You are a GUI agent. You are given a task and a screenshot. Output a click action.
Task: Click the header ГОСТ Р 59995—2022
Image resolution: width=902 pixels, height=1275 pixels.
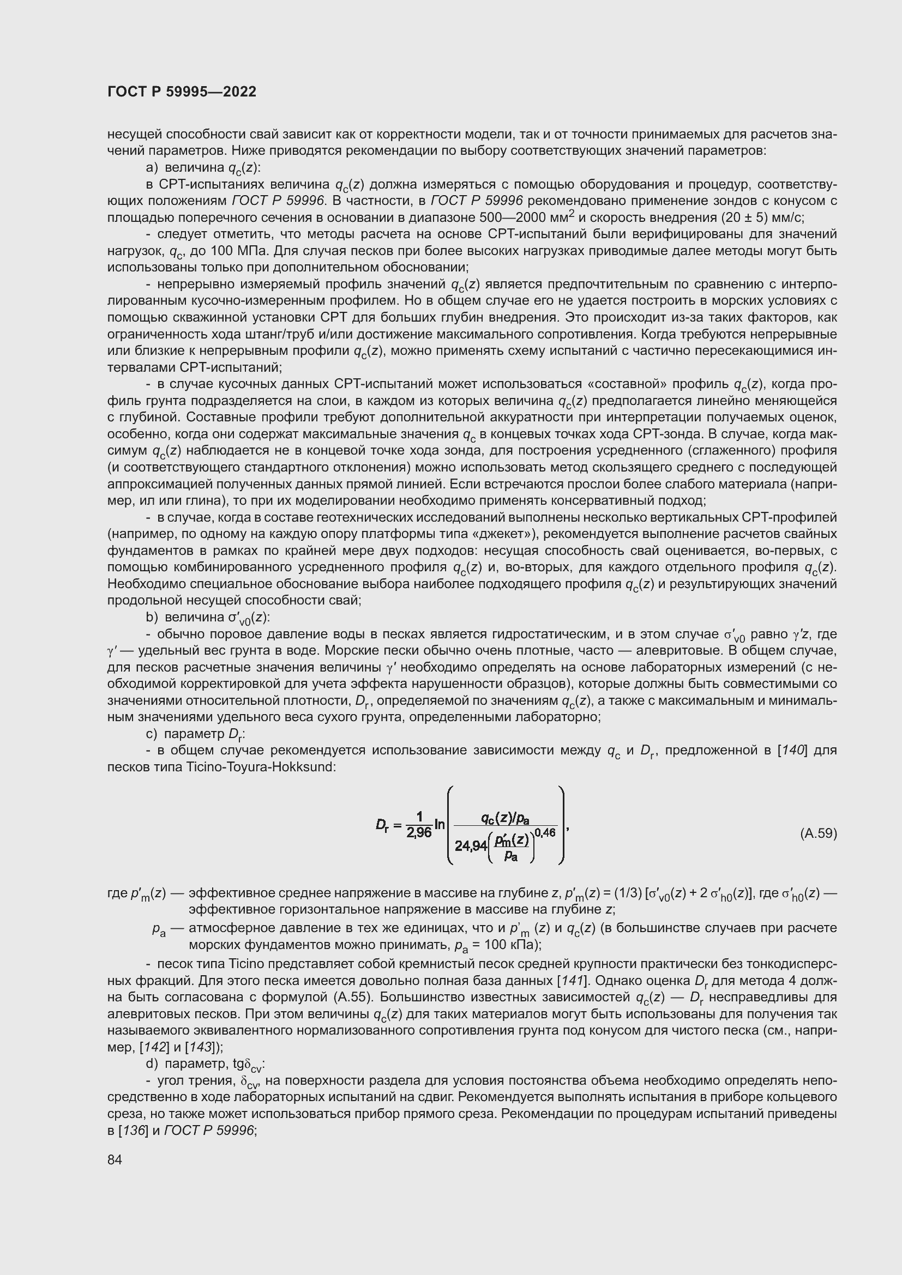click(x=182, y=92)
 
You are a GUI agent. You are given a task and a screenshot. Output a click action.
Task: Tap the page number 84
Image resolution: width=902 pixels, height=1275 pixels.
click(x=115, y=1159)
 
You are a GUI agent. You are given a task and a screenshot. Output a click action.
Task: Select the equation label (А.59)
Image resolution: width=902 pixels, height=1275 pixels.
click(x=818, y=833)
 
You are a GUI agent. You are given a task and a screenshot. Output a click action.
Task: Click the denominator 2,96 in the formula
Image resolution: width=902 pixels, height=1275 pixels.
click(x=419, y=833)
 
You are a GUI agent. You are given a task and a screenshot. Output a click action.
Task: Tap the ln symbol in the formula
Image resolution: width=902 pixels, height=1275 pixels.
click(x=440, y=825)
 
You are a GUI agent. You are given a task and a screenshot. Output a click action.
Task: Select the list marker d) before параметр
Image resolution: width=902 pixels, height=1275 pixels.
click(x=152, y=1064)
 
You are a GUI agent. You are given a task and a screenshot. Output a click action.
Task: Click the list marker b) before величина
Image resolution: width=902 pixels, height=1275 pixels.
click(x=152, y=618)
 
